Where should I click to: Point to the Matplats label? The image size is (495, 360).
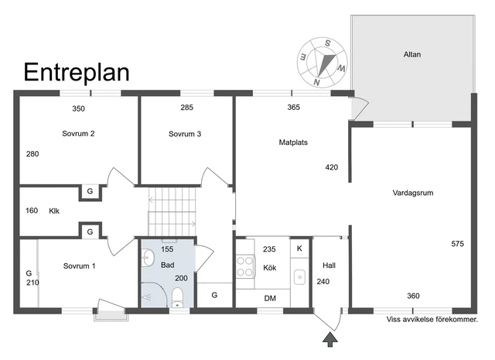coord(295,142)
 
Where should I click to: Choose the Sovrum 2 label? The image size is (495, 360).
coord(78,134)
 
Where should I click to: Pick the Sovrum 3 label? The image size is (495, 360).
coord(185,134)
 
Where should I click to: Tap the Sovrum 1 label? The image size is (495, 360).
coord(79,266)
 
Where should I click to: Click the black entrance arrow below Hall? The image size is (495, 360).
coord(331,338)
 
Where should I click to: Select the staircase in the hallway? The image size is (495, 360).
coord(171,208)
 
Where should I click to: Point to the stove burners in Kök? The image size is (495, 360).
coord(246,266)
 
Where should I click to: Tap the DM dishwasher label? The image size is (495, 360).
coord(270,298)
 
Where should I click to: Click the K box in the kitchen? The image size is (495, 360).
coord(299,249)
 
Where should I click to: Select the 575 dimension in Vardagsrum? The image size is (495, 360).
coord(457,244)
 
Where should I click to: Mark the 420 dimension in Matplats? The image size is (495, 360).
coord(331,167)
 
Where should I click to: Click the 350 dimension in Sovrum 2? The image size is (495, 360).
coord(78,108)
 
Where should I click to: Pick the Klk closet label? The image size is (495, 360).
coord(54,211)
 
